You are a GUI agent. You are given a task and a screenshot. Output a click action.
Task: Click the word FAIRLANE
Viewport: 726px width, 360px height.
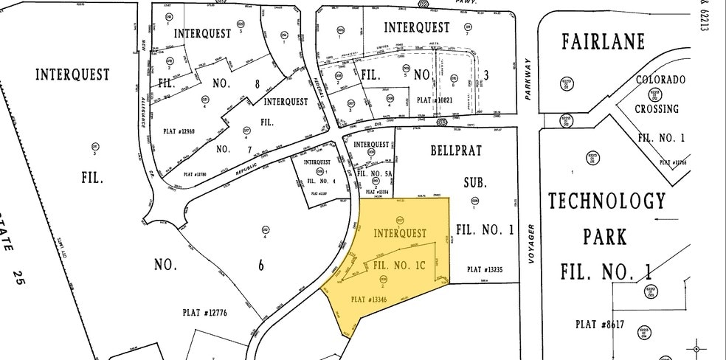(x=604, y=41)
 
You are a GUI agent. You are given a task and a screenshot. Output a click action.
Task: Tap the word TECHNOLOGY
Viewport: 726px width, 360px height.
(x=606, y=201)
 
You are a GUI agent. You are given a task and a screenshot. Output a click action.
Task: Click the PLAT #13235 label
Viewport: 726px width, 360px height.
(x=485, y=270)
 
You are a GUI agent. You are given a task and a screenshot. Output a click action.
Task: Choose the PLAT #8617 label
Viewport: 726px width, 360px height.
(x=597, y=323)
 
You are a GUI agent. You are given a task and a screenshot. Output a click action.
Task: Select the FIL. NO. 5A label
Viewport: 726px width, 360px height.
(x=373, y=174)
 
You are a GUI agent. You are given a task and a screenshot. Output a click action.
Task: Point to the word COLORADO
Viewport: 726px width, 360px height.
(x=661, y=80)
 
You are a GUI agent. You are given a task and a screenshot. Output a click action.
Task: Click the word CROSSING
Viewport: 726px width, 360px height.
(x=657, y=108)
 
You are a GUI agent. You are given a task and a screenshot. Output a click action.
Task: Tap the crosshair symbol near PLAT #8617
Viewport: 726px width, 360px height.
(x=696, y=347)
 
